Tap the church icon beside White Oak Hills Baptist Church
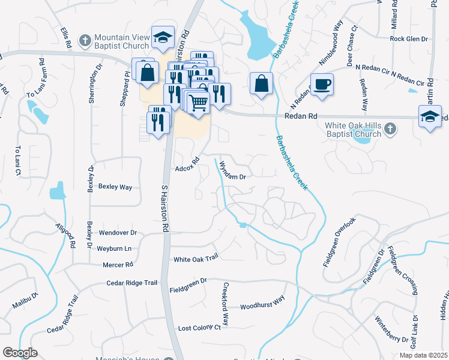click(x=390, y=128)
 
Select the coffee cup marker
click(x=321, y=84)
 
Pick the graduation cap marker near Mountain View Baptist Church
click(x=163, y=37)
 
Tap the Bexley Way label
click(x=115, y=187)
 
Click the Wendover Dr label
click(x=118, y=232)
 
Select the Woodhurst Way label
click(x=262, y=305)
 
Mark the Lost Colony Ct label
click(x=199, y=328)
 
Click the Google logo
click(x=20, y=353)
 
